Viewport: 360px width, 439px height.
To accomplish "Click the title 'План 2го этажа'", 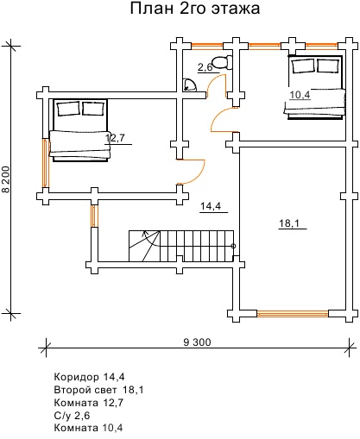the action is pyautogui.click(x=195, y=9).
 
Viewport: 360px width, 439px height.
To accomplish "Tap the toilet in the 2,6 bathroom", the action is pyautogui.click(x=223, y=62).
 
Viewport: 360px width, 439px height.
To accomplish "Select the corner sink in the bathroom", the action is pyautogui.click(x=190, y=85).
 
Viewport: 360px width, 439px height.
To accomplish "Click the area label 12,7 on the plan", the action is pyautogui.click(x=115, y=138).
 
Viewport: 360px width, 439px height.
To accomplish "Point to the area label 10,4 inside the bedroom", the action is pyautogui.click(x=300, y=95).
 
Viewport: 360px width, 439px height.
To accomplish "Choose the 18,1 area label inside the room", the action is pyautogui.click(x=289, y=223).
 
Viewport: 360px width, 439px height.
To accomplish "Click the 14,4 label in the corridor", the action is pyautogui.click(x=211, y=206).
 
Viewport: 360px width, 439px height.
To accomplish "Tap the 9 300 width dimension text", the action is pyautogui.click(x=197, y=342).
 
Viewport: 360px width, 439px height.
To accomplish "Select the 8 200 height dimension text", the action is pyautogui.click(x=6, y=179).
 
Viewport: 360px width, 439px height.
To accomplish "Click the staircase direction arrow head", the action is pyautogui.click(x=144, y=234).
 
